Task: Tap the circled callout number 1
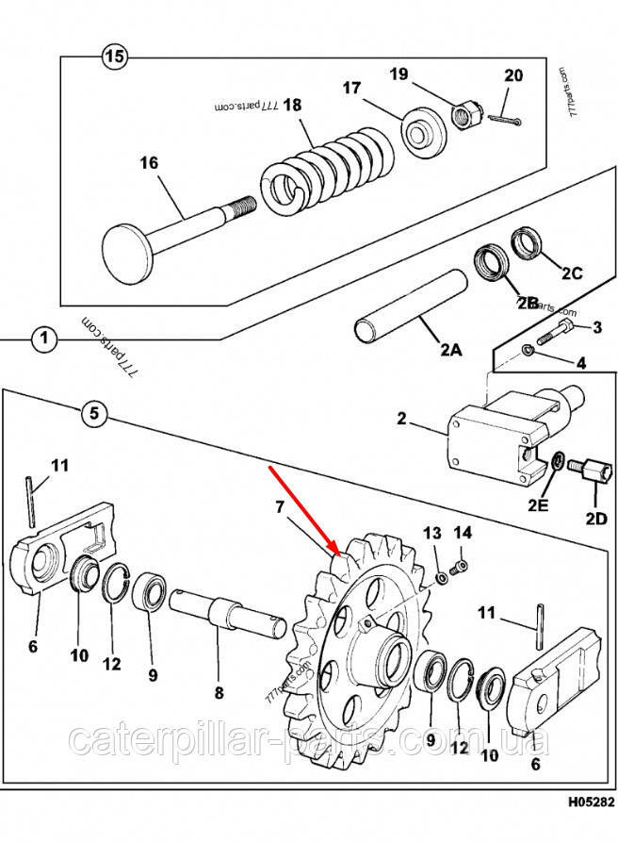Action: click(43, 338)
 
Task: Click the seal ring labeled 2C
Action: click(526, 245)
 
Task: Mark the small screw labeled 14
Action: click(461, 567)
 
